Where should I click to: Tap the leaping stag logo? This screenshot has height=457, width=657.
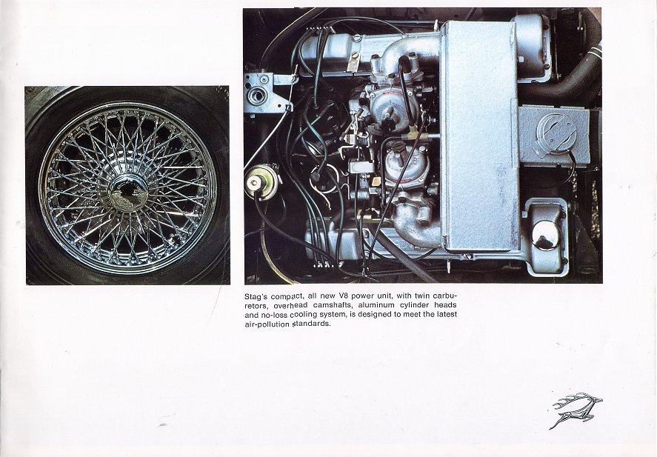[x=576, y=410]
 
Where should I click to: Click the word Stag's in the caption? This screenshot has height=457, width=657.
[x=256, y=297]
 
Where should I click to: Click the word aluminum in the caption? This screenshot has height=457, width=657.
[x=376, y=305]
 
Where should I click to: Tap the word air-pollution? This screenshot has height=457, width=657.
[x=267, y=324]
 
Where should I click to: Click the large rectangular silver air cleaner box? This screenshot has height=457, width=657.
[x=480, y=136]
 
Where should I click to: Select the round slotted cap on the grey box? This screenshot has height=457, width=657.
[x=554, y=131]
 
